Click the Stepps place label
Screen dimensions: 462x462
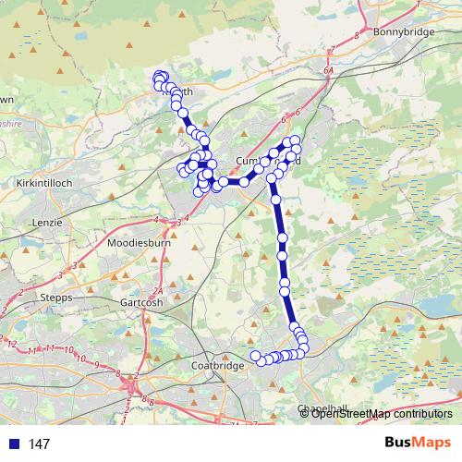click(x=56, y=298)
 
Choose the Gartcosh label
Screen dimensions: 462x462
click(x=143, y=302)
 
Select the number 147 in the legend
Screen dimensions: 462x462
click(x=40, y=444)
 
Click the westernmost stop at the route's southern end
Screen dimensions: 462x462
click(x=256, y=356)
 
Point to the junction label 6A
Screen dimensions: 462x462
click(x=327, y=68)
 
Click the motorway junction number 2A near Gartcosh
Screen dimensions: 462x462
click(x=158, y=290)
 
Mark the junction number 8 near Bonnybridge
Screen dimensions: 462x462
click(x=356, y=36)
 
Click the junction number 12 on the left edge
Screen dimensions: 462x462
click(x=12, y=343)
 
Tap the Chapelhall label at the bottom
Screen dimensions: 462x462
click(x=321, y=408)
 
